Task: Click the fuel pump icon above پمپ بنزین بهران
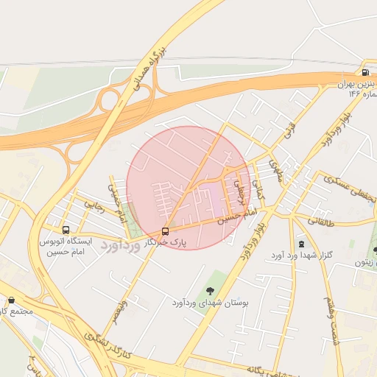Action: (366, 72)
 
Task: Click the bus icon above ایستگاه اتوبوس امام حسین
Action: (66, 230)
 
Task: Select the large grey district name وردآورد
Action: (121, 244)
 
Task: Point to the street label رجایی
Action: (96, 207)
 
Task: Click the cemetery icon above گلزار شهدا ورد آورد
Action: (300, 244)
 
